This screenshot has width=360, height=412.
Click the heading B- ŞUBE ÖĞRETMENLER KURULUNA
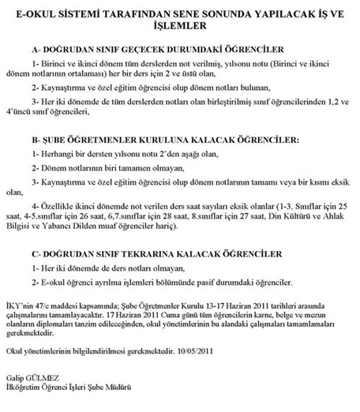tap(174, 139)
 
